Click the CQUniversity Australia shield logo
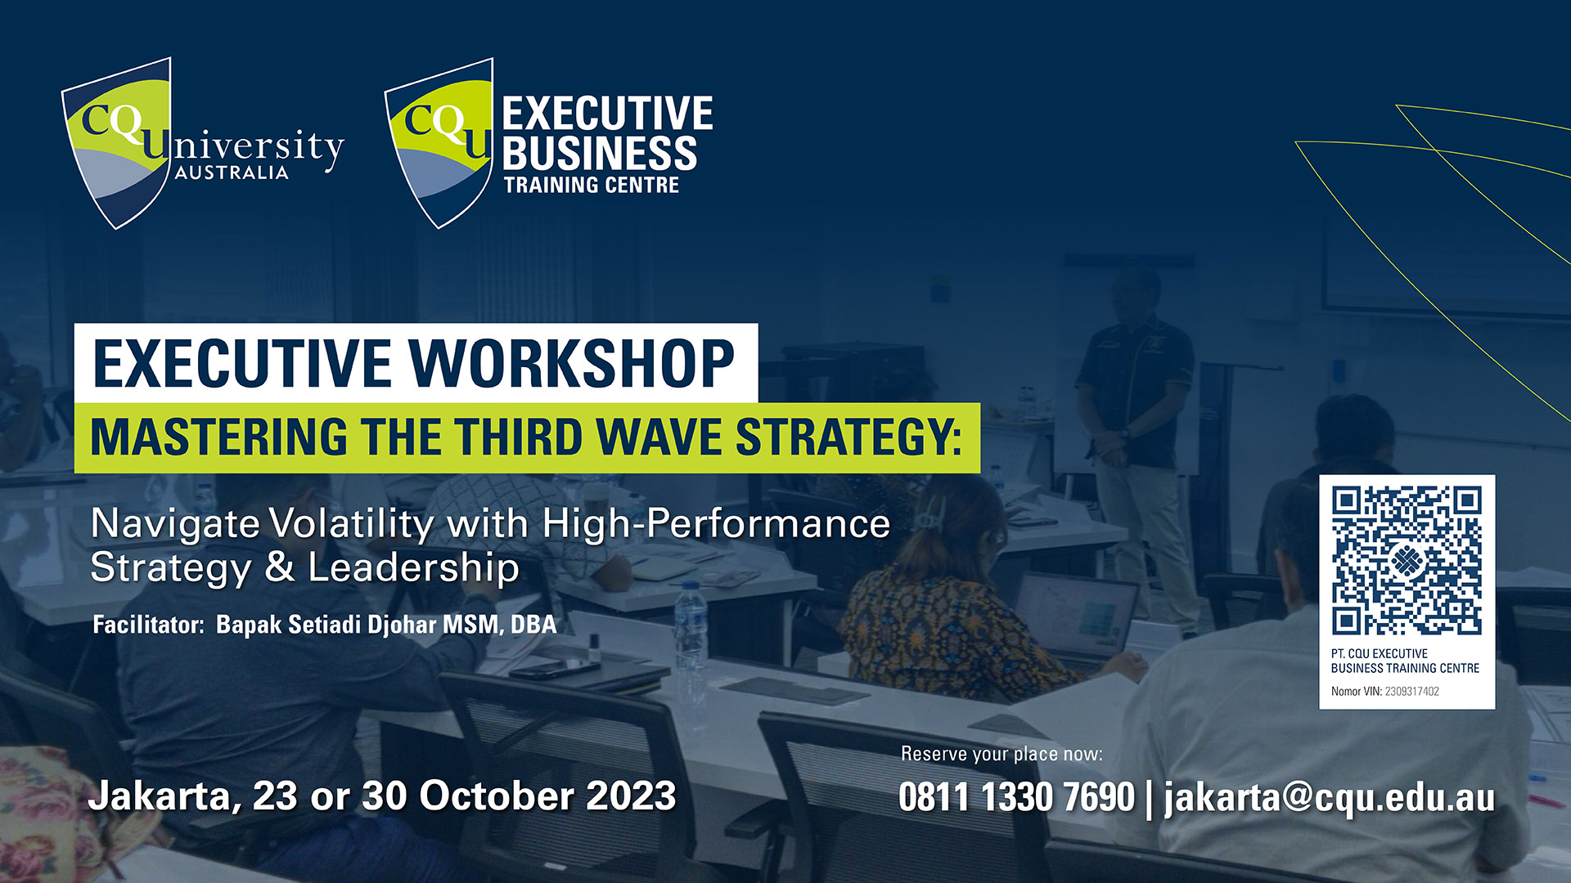[117, 143]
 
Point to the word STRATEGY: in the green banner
[849, 437]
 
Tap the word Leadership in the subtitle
[413, 567]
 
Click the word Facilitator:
[148, 625]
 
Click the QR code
[1407, 561]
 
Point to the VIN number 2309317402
[1411, 692]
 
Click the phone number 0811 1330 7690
[1016, 797]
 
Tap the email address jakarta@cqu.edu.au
[1329, 798]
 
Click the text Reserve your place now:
[1002, 754]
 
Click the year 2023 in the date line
[631, 796]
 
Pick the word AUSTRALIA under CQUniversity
[232, 173]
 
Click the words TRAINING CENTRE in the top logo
[591, 185]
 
